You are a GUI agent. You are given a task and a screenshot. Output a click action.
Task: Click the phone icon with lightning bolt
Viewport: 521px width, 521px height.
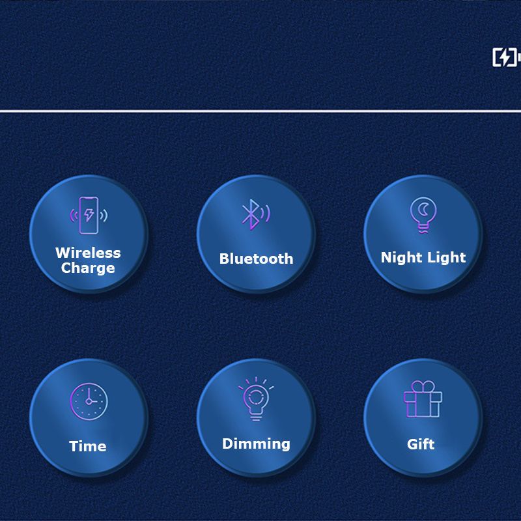coord(89,216)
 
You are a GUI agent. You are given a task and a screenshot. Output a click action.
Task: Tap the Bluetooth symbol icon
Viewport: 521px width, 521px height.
coord(255,214)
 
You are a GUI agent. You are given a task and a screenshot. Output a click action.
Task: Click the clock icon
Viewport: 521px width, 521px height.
coord(89,401)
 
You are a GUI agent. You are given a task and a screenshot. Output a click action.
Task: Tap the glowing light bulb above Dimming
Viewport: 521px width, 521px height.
coord(256,399)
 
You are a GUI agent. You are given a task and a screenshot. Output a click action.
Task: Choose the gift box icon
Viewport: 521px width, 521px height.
coord(423,399)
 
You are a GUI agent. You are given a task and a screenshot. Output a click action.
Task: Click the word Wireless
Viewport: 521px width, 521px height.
coord(88,253)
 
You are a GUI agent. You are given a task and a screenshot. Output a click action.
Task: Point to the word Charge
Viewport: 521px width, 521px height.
coord(88,268)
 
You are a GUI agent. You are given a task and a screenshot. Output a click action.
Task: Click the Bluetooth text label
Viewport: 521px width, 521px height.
coord(256,259)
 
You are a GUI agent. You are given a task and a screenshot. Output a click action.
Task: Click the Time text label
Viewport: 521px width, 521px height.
coord(88,446)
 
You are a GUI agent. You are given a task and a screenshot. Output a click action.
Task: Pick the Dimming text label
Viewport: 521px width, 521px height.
coord(256,444)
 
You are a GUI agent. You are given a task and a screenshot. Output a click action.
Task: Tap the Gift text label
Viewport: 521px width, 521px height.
coord(421,444)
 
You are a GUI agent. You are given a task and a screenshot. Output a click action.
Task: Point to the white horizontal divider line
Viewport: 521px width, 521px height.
coord(260,111)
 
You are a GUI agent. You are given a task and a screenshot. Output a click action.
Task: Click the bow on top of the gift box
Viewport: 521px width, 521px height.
coord(423,386)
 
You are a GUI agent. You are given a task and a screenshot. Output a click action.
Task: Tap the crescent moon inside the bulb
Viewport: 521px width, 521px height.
coord(424,209)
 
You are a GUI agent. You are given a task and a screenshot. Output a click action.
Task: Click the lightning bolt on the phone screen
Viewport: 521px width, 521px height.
coord(89,215)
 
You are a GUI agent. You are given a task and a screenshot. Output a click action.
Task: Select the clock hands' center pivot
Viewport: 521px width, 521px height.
coord(89,401)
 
